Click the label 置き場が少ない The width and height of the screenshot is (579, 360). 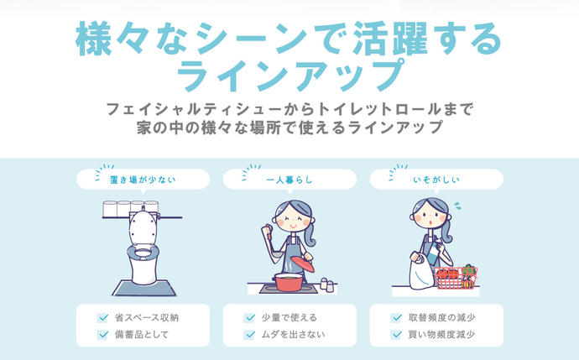(x=143, y=180)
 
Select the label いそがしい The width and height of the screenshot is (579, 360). (x=436, y=180)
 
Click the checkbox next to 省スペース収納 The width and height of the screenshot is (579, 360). (x=103, y=318)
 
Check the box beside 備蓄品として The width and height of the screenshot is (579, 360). (x=103, y=335)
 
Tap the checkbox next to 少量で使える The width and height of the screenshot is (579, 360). (x=249, y=318)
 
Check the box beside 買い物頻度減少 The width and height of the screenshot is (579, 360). (x=396, y=335)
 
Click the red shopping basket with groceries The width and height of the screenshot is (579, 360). (x=456, y=278)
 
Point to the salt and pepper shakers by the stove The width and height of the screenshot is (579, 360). (x=327, y=284)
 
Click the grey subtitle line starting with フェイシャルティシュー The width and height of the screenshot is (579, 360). (x=289, y=109)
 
